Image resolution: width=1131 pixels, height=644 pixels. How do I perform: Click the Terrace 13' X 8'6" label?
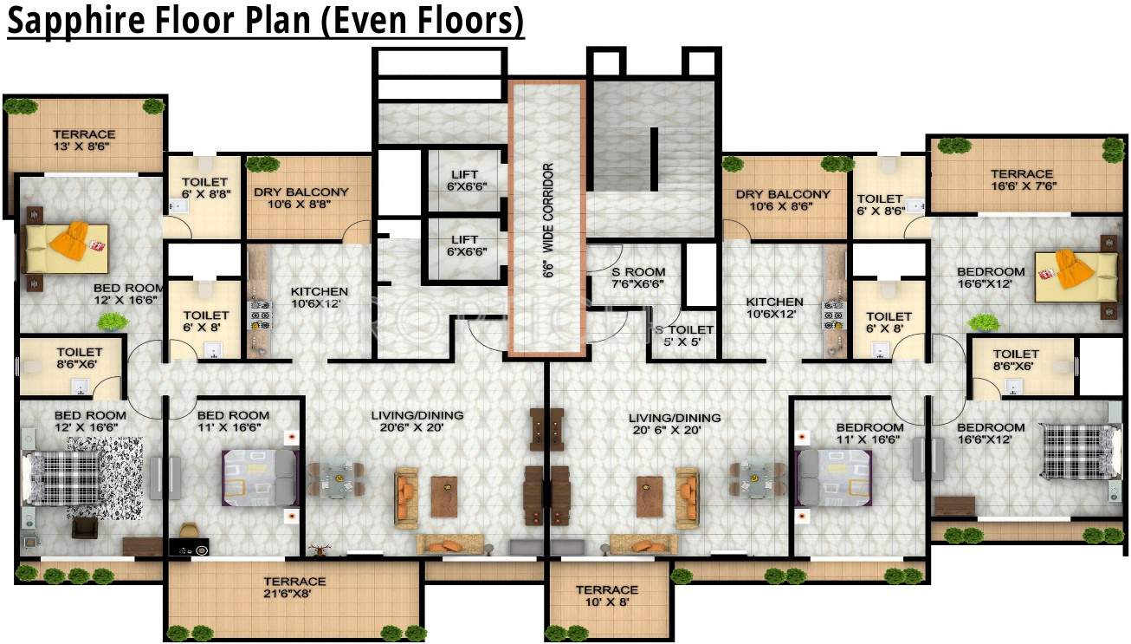[84, 141]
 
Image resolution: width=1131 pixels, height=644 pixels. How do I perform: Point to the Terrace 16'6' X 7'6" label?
[1022, 180]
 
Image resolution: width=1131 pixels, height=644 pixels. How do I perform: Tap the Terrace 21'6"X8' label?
[294, 588]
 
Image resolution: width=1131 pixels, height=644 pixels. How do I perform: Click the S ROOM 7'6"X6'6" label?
[638, 277]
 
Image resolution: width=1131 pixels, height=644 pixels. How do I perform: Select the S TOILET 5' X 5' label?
[684, 336]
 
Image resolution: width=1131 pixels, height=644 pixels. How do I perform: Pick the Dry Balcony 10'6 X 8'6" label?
[783, 201]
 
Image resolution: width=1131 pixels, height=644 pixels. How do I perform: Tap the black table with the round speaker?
[189, 548]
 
